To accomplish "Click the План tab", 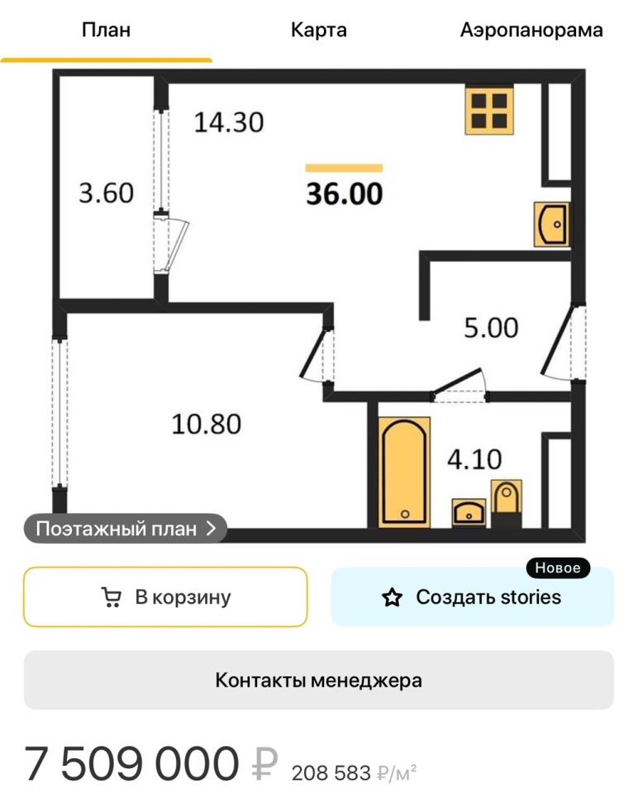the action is coord(107,30).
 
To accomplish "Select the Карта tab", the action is coord(319,30).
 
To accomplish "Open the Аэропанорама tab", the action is coord(531,30).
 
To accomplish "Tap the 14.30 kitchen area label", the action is coord(229,122).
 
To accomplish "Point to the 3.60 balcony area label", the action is coord(107,192).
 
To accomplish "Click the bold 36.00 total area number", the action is coord(344,193).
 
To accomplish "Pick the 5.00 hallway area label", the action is coord(491,328).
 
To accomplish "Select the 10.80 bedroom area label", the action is coord(207,424).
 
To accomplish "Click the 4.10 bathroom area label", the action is coord(474,459).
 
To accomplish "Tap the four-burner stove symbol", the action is coord(489,111).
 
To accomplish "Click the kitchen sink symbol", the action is coord(551,224).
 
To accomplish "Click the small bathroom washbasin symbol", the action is coord(469,513).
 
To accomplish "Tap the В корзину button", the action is coord(165,597).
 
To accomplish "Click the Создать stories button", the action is coord(472,597).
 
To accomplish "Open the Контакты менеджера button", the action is coord(319,680).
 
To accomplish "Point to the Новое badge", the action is coord(558,568).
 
